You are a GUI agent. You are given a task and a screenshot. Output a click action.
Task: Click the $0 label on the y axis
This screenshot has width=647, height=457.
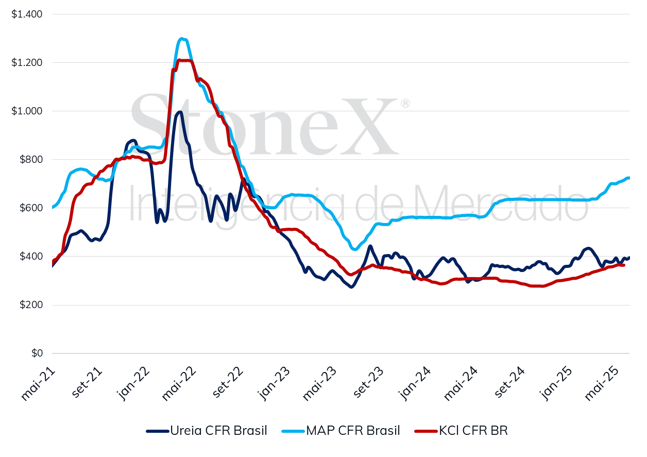pyautogui.click(x=37, y=353)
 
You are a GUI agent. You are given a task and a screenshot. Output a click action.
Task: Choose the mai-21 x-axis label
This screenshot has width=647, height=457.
pyautogui.click(x=38, y=383)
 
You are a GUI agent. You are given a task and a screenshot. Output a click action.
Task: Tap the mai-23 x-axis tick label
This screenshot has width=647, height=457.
pyautogui.click(x=318, y=383)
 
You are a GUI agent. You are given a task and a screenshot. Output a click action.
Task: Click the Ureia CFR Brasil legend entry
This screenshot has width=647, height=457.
pyautogui.click(x=206, y=431)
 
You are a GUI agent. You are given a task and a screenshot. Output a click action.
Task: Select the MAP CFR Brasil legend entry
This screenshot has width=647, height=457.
pyautogui.click(x=340, y=431)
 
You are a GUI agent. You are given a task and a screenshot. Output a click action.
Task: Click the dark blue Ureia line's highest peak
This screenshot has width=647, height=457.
pyautogui.click(x=179, y=111)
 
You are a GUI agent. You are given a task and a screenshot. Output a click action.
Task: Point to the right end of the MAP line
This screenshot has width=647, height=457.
pyautogui.click(x=629, y=178)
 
